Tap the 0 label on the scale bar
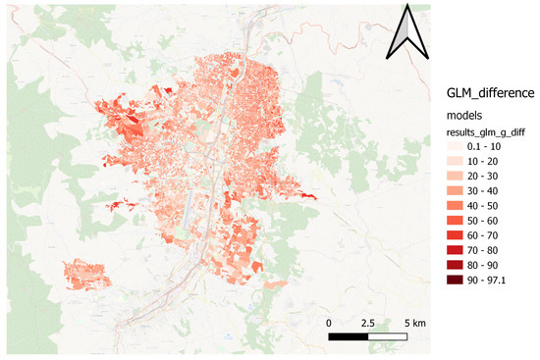coord(329,323)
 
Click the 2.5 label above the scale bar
coord(369,323)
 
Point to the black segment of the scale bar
coord(349,337)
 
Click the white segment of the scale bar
coord(389,337)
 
